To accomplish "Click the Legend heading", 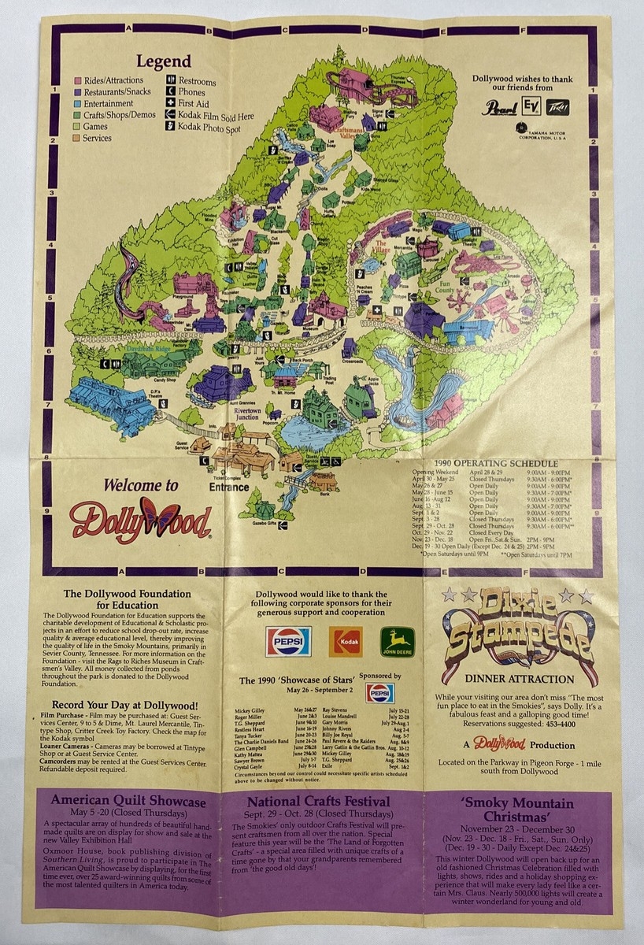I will (x=163, y=61).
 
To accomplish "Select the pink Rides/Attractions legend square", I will (x=79, y=81).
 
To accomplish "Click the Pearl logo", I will (x=497, y=108).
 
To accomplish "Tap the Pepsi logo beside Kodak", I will (x=288, y=640).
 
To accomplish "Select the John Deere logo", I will (x=398, y=641).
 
